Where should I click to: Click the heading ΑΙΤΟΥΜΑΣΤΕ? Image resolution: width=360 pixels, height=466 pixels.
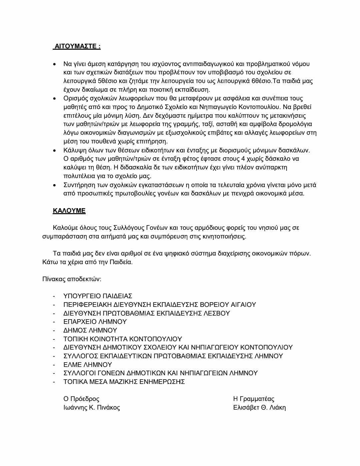[x=76, y=46]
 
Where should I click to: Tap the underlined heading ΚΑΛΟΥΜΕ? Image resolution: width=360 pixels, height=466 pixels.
[x=69, y=211]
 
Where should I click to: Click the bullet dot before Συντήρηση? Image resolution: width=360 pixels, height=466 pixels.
[x=55, y=185]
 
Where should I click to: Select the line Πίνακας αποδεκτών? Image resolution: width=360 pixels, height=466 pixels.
[x=71, y=279]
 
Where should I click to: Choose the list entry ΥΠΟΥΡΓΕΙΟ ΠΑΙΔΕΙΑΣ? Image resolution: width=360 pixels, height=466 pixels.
[x=98, y=296]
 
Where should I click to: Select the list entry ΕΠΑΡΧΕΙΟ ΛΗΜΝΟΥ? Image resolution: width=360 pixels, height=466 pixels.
[x=95, y=322]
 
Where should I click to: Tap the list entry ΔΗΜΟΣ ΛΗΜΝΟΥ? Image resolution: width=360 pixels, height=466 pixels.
[x=90, y=330]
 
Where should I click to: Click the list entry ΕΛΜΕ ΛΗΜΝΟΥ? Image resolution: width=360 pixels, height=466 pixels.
[x=87, y=365]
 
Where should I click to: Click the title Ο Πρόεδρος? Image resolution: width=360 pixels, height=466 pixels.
[x=81, y=399]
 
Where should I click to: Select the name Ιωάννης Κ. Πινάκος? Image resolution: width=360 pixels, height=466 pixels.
[x=92, y=407]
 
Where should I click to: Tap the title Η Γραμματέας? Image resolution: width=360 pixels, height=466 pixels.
[x=254, y=399]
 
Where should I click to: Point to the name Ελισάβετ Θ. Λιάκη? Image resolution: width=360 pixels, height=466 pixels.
[x=259, y=407]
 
